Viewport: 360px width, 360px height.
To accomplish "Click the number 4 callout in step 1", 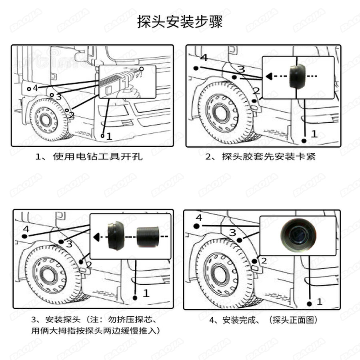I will pyautogui.click(x=35, y=88).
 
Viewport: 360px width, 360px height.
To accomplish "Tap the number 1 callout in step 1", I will pyautogui.click(x=109, y=136).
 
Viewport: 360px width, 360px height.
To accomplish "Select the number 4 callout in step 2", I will pyautogui.click(x=204, y=58).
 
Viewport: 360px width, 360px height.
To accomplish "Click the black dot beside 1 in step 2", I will pyautogui.click(x=304, y=140).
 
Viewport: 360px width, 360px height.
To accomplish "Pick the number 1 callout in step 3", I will pyautogui.click(x=146, y=293).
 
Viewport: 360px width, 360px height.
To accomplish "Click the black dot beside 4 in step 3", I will pyautogui.click(x=25, y=236).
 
